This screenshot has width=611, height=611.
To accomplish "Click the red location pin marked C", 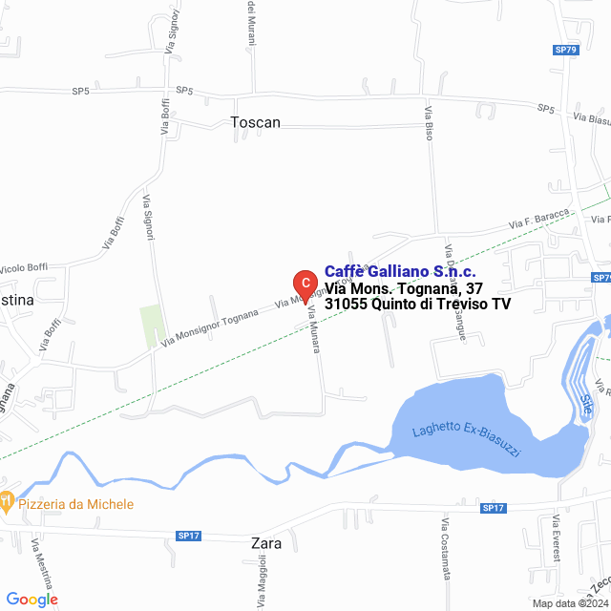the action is [x=304, y=284].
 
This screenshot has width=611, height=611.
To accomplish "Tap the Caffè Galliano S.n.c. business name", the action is [x=400, y=271].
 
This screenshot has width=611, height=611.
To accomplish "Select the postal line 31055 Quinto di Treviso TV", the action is [x=417, y=304].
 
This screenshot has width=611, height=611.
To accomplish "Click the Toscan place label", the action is [x=256, y=122].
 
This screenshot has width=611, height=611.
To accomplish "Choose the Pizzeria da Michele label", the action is [x=75, y=503].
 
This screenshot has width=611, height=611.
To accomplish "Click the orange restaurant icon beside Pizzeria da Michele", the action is [x=6, y=500].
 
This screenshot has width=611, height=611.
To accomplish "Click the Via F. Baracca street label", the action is [x=539, y=219].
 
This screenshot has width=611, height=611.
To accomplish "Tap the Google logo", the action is [x=32, y=599].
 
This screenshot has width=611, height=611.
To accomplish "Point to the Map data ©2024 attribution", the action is [x=569, y=603].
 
